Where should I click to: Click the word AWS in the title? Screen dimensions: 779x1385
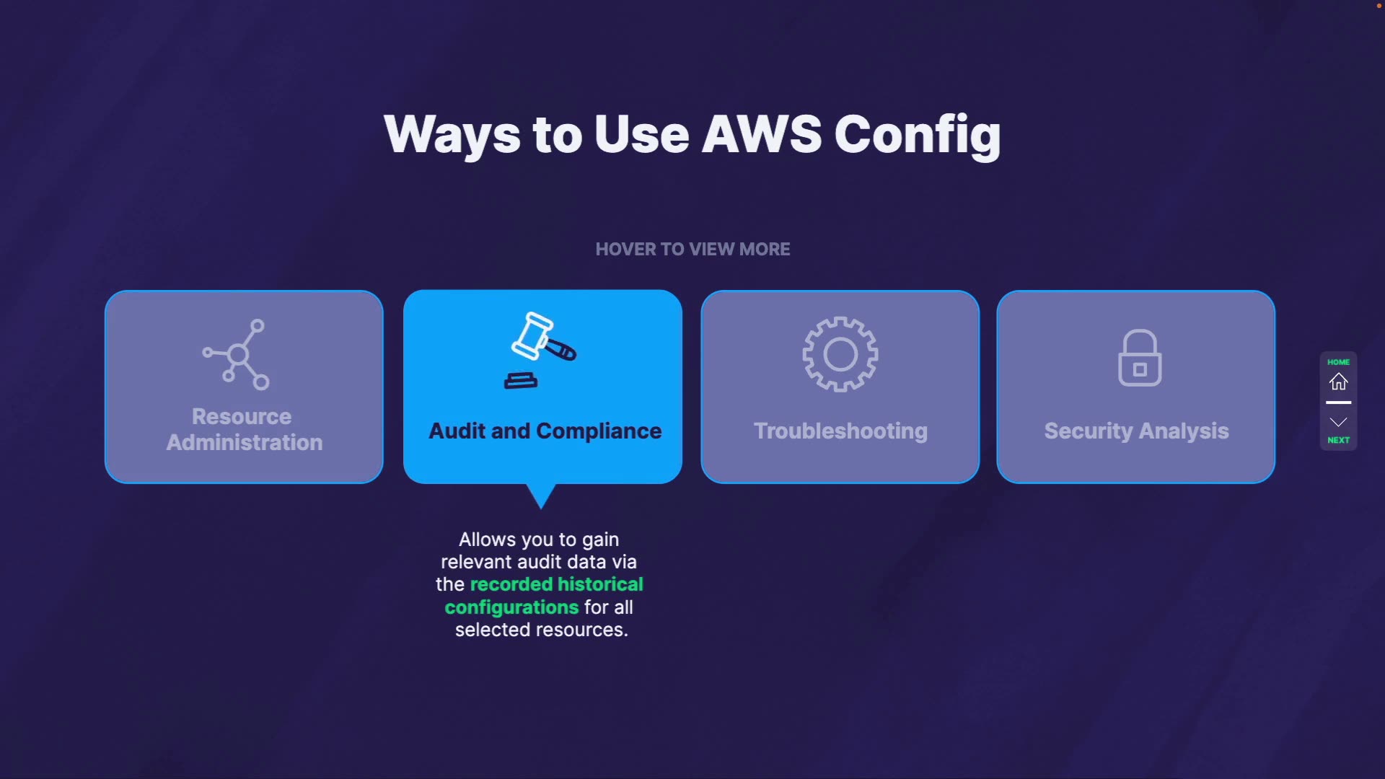tap(761, 134)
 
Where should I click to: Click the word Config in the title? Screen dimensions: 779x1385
tap(918, 136)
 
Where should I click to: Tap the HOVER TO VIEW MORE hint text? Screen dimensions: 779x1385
tap(692, 250)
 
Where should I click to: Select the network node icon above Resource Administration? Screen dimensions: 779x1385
tap(237, 354)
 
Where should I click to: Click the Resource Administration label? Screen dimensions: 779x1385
tap(244, 429)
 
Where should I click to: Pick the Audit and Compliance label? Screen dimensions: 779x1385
tap(545, 431)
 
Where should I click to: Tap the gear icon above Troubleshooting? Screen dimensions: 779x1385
tap(840, 354)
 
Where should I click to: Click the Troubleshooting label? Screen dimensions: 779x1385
tap(840, 431)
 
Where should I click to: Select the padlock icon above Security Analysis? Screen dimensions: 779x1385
tap(1139, 358)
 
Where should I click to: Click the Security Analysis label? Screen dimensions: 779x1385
tap(1136, 431)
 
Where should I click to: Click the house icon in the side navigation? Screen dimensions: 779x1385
tap(1338, 382)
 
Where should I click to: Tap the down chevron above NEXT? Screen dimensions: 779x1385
tap(1338, 422)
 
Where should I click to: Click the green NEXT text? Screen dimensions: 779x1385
tap(1338, 440)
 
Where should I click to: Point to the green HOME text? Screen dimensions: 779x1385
tap(1338, 362)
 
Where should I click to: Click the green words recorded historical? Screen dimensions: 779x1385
tap(556, 584)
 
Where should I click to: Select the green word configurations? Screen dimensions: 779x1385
tap(511, 607)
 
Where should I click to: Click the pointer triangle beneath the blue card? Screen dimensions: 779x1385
tap(540, 495)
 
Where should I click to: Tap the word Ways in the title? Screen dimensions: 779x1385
tap(452, 134)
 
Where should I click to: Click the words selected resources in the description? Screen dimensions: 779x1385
tap(541, 630)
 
